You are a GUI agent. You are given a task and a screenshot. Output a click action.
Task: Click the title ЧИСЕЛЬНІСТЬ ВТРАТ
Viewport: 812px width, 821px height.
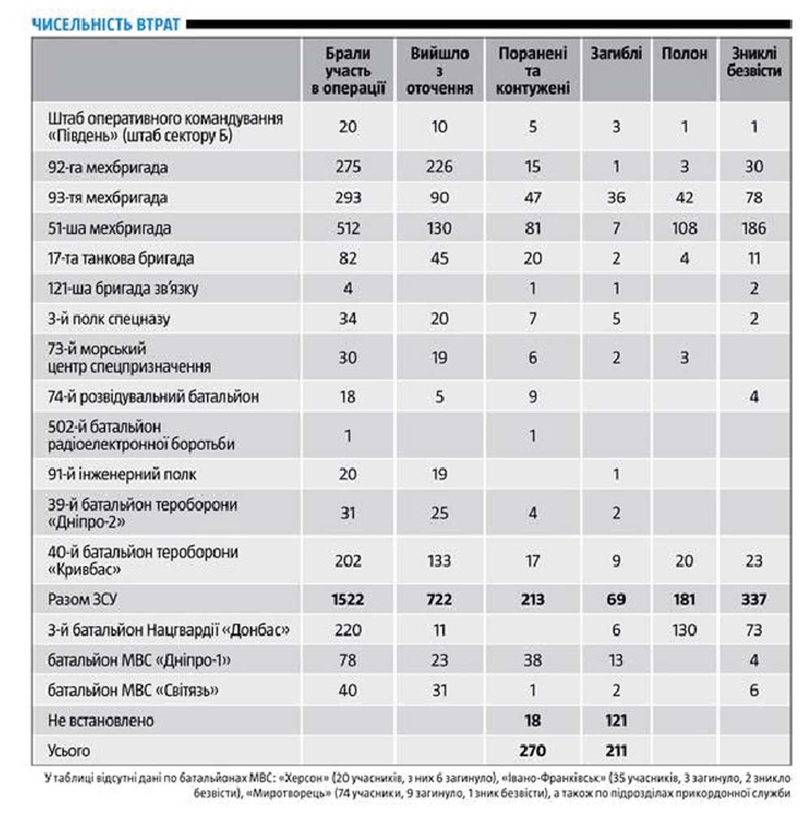(x=106, y=24)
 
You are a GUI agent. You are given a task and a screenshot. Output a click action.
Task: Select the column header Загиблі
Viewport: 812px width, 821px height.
(x=615, y=54)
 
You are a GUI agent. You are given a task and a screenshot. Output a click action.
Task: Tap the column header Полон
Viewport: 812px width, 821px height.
(x=684, y=54)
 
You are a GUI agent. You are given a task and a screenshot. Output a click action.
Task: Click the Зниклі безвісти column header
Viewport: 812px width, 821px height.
(x=754, y=63)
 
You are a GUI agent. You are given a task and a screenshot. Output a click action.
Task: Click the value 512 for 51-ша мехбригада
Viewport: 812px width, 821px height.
(x=348, y=228)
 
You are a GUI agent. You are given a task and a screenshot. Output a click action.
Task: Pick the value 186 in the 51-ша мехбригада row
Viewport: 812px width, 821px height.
(x=754, y=228)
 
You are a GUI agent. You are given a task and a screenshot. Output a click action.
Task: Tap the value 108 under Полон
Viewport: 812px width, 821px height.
(x=684, y=228)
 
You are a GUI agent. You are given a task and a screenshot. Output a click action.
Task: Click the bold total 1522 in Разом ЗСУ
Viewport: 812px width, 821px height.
(x=348, y=600)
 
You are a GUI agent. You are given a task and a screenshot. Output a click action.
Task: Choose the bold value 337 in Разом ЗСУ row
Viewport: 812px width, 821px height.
(x=754, y=600)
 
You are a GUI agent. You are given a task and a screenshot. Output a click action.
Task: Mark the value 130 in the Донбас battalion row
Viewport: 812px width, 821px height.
(x=684, y=630)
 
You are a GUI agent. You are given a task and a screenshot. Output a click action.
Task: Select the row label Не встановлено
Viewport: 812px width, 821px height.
(x=101, y=720)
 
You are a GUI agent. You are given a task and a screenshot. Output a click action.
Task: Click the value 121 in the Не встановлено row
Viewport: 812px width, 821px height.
(x=615, y=720)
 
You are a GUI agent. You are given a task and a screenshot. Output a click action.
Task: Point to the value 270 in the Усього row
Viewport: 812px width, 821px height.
(x=533, y=750)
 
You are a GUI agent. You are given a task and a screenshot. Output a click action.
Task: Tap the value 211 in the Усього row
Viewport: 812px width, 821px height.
(x=615, y=750)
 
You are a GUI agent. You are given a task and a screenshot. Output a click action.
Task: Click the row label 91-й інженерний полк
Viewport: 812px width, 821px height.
(x=122, y=474)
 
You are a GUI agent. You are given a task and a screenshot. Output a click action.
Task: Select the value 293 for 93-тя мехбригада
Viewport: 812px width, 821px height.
(x=348, y=197)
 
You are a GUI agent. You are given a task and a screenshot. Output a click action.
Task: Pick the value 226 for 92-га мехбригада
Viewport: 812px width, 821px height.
(x=438, y=167)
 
